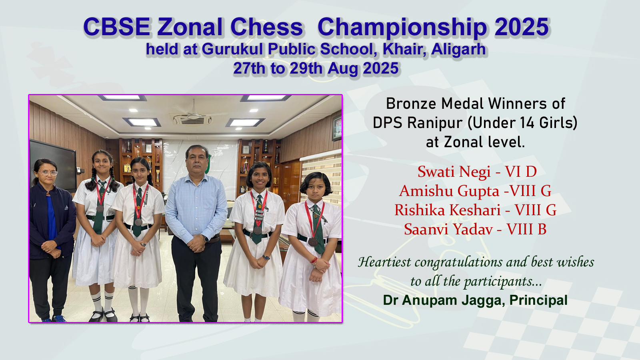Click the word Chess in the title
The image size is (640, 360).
coord(266,27)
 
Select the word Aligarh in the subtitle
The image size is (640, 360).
coord(458,49)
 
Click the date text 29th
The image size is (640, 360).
coord(306,68)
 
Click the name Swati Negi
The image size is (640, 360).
coord(454,172)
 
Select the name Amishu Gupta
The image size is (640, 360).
coord(449,191)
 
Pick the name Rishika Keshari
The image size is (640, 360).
coord(448,210)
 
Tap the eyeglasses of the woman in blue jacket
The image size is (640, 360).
coord(48,173)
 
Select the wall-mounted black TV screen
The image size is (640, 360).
coord(53,165)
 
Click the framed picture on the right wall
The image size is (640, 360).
coord(337,128)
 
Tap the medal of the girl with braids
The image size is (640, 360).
coord(100,208)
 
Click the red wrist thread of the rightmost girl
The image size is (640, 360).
coord(314,260)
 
